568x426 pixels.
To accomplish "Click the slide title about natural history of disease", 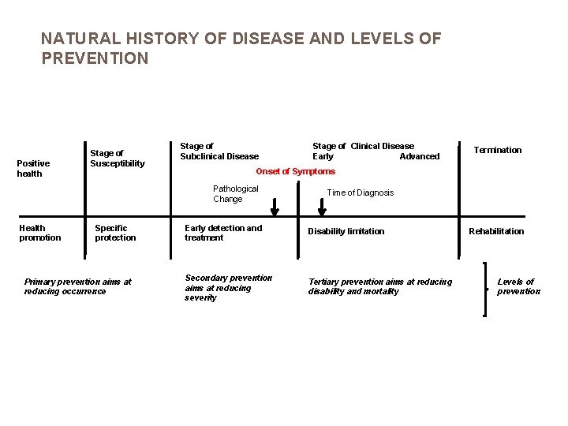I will point(241,48).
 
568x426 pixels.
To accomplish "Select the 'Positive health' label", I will point(33,168).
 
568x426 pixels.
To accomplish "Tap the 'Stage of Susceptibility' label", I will point(117,158).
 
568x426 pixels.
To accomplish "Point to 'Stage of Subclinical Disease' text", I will point(219,151).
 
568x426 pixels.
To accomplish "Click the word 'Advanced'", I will point(419,156).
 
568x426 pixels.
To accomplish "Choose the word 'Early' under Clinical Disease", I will point(323,156).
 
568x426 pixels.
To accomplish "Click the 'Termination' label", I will point(497,150).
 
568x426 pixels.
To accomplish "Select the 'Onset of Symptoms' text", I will point(295,171).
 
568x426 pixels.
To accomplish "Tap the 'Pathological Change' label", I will point(235,193).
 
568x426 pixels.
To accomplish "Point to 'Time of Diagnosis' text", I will point(360,192).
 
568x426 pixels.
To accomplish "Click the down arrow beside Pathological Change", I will point(275,206).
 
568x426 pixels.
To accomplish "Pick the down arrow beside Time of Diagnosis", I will point(321,206).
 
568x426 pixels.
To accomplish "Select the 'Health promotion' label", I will point(39,233).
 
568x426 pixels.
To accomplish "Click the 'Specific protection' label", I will point(115,233).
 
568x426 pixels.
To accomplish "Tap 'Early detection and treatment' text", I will point(222,233).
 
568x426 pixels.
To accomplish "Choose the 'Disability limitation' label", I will point(346,231).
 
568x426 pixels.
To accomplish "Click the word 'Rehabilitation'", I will point(495,231).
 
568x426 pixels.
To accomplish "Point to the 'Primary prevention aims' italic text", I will point(77,286).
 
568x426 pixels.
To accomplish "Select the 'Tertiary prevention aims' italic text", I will point(379,286).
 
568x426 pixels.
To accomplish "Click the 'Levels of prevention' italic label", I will point(518,286).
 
